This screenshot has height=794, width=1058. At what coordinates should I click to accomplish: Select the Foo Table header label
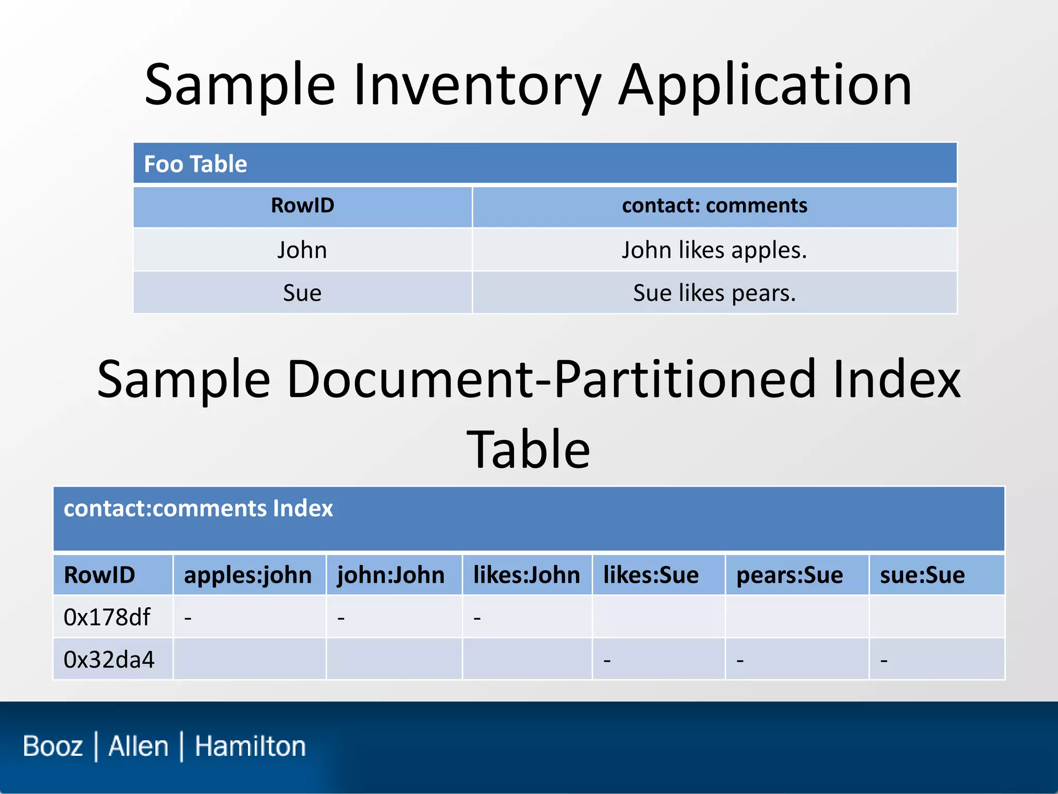pos(195,164)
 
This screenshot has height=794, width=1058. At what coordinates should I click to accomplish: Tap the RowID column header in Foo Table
pos(302,206)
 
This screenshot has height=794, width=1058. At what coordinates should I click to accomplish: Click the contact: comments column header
pos(714,206)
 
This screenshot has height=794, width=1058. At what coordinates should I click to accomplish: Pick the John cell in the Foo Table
pos(302,250)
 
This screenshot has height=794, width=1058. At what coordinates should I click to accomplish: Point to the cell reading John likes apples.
pos(714,250)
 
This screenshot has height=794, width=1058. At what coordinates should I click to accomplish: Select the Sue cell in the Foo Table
pos(302,293)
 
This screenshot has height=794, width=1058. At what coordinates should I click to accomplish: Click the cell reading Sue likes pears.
pos(714,293)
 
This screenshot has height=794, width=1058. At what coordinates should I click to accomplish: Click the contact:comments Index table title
pos(198,509)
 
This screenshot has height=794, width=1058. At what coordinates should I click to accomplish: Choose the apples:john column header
pos(247,575)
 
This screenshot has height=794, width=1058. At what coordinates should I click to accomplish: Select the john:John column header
pos(391,575)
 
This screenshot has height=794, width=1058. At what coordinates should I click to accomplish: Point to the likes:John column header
pos(526,575)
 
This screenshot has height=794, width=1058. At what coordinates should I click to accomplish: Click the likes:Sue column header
pos(651,575)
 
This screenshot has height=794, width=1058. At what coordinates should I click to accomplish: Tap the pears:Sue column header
pos(789,575)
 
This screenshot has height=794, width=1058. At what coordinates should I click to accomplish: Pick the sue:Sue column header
pos(922,575)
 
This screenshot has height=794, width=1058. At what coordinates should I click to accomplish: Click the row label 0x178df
pos(106,617)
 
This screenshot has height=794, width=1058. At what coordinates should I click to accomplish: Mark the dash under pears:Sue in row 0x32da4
pos(740,661)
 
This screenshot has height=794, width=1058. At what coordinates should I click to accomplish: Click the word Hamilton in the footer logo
pos(250,746)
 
